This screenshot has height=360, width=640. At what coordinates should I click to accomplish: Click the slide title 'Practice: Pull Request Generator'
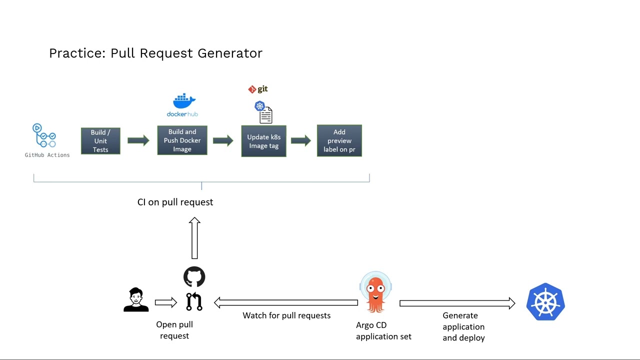point(155,53)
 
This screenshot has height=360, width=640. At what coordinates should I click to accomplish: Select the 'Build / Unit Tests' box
point(100,141)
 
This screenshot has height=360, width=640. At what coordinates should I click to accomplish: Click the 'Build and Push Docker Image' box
point(182,140)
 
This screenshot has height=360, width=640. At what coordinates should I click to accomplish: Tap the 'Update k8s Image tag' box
point(263,141)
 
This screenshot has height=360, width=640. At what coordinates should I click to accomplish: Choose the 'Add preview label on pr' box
point(339,141)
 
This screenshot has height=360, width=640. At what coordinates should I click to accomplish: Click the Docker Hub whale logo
point(183,101)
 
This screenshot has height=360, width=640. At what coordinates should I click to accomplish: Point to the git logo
point(258,89)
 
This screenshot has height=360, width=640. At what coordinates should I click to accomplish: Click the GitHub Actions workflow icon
point(44,136)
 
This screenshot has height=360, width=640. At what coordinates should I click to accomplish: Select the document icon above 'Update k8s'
point(265,114)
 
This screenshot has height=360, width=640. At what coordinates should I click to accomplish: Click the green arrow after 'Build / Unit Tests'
point(138,140)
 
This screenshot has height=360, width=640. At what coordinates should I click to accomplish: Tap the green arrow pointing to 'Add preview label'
point(301,140)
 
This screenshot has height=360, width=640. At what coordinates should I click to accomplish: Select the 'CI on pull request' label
point(175,202)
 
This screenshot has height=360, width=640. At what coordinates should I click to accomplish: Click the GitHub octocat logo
point(194,277)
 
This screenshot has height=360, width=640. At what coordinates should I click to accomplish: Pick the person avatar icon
point(136,300)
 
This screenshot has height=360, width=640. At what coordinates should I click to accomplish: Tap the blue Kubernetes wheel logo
point(545,301)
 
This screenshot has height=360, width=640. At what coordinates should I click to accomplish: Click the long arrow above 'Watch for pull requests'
point(285,302)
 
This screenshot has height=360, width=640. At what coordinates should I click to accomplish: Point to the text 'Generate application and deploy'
point(463,326)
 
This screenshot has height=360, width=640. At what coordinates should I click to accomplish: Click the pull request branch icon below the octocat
point(194,301)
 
